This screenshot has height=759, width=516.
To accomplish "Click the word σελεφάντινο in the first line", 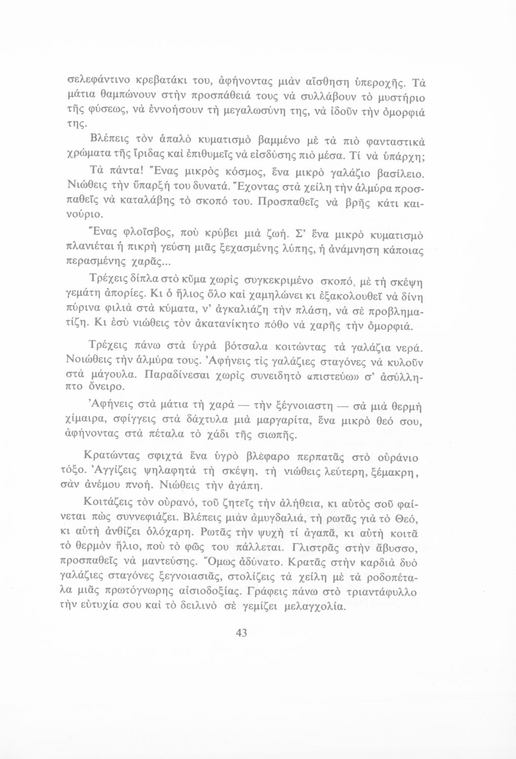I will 100,81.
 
